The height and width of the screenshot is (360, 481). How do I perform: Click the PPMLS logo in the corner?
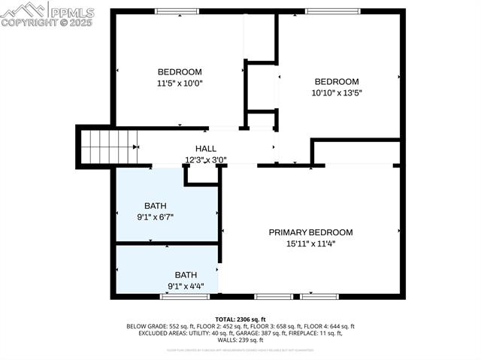pos(47,14)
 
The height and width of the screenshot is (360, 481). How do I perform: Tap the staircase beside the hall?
pos(110,147)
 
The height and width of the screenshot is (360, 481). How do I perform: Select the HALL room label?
pos(206,149)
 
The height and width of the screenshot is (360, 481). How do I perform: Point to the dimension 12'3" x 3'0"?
pos(206,159)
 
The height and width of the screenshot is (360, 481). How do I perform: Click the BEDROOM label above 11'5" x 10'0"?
pos(179,72)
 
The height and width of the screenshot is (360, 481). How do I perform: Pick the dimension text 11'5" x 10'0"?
pos(179,83)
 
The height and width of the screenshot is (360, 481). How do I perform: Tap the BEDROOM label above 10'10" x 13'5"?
pos(336,82)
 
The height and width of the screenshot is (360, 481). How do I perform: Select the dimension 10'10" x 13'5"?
pos(336,93)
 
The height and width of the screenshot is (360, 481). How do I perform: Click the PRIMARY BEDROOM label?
pos(310,232)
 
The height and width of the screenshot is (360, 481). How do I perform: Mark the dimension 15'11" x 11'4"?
pos(310,244)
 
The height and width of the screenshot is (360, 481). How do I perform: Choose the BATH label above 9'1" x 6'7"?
pos(155,206)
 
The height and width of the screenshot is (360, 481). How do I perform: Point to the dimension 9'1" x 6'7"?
pos(155,217)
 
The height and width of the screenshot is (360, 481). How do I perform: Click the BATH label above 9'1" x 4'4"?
pos(186,274)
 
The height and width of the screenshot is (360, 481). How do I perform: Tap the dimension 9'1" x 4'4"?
pos(186,286)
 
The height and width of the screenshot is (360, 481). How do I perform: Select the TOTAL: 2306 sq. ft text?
pos(240,319)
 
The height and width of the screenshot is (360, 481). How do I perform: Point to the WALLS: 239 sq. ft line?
pos(240,340)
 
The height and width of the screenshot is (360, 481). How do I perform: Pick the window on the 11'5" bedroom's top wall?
pos(177,11)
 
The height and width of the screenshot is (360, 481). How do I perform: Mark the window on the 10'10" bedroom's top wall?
pos(332,11)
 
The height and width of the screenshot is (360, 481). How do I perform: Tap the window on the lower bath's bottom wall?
pos(174,297)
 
